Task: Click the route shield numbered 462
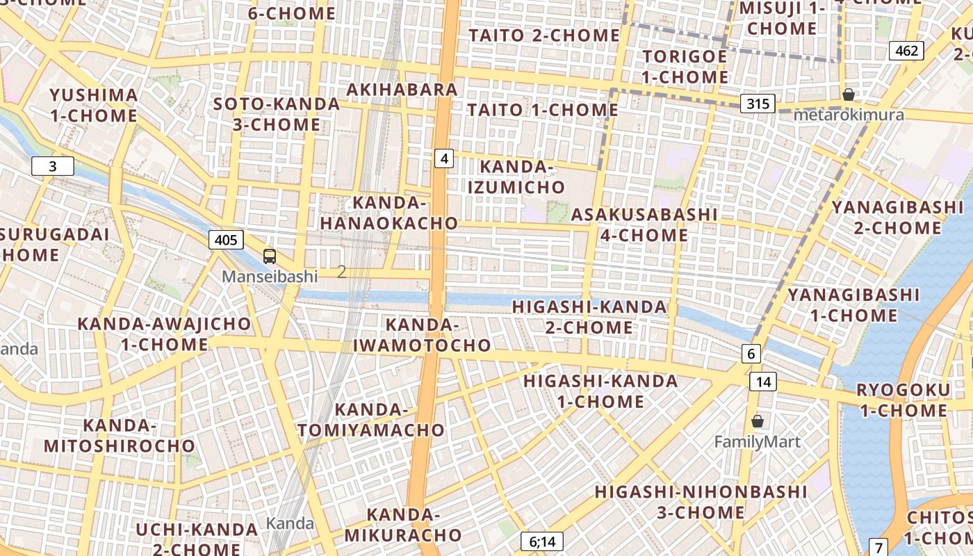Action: (906, 50)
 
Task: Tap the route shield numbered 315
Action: (758, 104)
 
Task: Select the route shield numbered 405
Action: (226, 240)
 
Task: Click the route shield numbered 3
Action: (52, 166)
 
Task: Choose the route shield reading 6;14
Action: (541, 541)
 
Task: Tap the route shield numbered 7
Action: (878, 547)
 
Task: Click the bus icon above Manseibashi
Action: (270, 256)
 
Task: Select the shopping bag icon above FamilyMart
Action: (758, 421)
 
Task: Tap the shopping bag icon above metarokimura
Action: (848, 95)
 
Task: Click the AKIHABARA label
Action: (402, 90)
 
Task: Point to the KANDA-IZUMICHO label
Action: (516, 177)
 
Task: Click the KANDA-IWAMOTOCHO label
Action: (422, 335)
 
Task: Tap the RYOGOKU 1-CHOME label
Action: (903, 400)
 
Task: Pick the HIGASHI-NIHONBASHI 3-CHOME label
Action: (701, 502)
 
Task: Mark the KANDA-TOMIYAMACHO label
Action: (371, 420)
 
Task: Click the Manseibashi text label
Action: (270, 276)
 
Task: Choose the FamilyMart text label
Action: (758, 442)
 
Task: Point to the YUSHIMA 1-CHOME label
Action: (94, 105)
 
